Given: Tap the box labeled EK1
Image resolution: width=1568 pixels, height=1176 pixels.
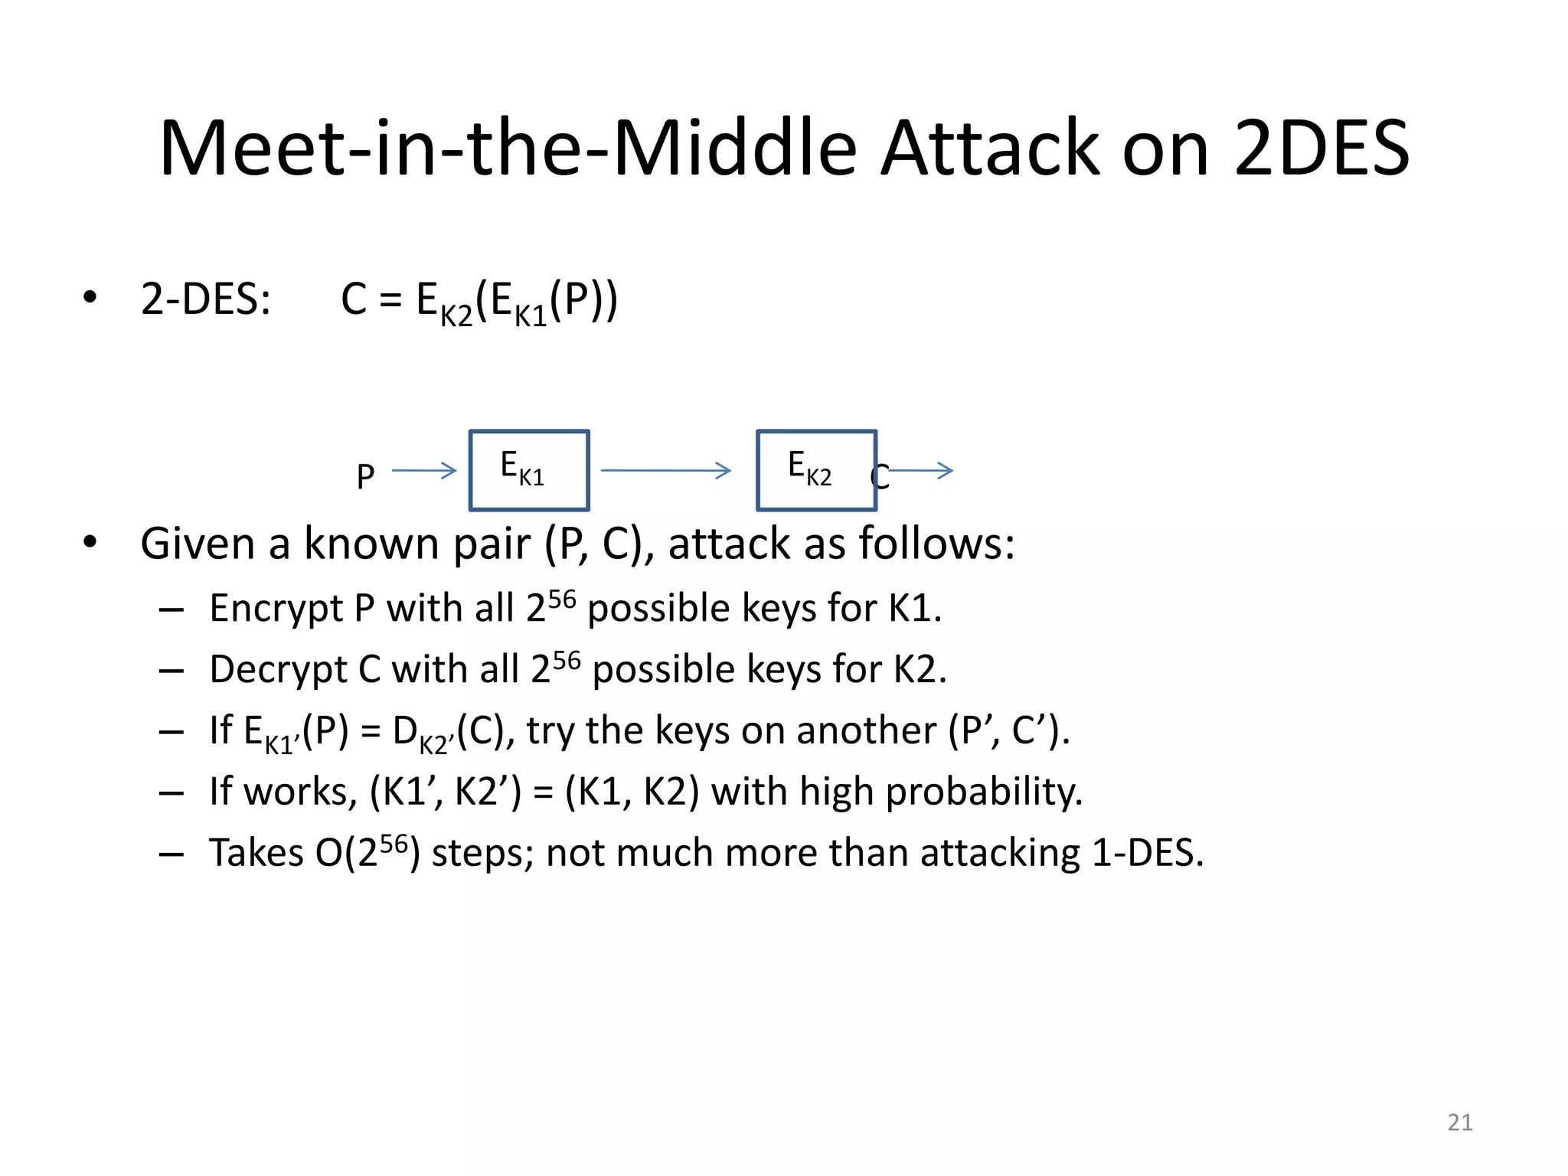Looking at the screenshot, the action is point(528,470).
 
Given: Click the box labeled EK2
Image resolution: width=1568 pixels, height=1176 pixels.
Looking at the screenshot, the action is point(816,470).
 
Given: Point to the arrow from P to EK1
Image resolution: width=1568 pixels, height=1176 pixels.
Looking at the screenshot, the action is point(424,470).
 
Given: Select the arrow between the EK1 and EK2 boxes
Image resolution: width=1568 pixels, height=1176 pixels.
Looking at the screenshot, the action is point(666,470).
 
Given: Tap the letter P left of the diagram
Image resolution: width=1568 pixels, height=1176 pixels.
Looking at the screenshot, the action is point(365,477).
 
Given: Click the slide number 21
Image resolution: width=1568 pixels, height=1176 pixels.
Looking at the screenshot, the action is point(1460,1122).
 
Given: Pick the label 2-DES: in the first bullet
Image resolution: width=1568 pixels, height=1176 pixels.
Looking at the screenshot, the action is point(206,299).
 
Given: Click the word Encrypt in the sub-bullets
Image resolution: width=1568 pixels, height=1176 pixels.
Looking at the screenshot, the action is point(276,609).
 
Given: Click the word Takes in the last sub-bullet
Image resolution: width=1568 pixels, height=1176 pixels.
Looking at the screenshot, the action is point(256,853).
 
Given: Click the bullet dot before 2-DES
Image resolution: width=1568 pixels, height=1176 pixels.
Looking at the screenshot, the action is point(90,297).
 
